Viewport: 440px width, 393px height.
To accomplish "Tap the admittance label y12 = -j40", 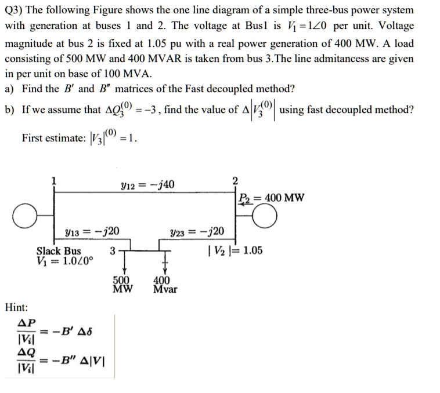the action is click(x=149, y=184).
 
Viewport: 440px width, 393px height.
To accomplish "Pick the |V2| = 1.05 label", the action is click(x=235, y=250).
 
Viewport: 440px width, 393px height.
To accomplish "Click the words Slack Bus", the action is click(x=59, y=251).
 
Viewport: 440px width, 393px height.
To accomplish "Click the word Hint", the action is click(x=17, y=307).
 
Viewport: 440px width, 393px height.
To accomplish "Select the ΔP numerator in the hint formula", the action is click(x=27, y=322).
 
